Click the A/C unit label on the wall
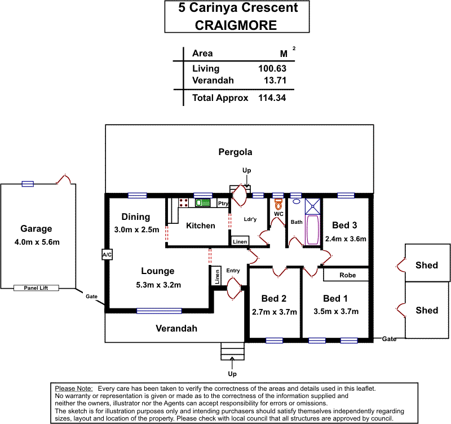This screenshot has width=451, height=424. pyautogui.click(x=107, y=255)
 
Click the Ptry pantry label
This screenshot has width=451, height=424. pyautogui.click(x=223, y=204)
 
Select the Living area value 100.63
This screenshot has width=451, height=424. pyautogui.click(x=273, y=69)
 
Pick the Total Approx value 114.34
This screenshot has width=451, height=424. pyautogui.click(x=273, y=98)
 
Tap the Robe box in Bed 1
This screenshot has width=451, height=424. pyautogui.click(x=346, y=275)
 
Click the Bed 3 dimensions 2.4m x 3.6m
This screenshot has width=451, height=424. pyautogui.click(x=346, y=238)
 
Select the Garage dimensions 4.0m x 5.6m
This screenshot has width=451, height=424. pyautogui.click(x=37, y=242)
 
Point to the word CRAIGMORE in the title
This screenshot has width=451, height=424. pyautogui.click(x=236, y=25)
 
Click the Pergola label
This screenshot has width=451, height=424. pyautogui.click(x=235, y=152)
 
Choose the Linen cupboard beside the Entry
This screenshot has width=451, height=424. pyautogui.click(x=217, y=276)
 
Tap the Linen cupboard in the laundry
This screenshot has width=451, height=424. pyautogui.click(x=240, y=241)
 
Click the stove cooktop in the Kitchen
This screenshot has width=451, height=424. pyautogui.click(x=183, y=202)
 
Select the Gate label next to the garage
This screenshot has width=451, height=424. pyautogui.click(x=91, y=296)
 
